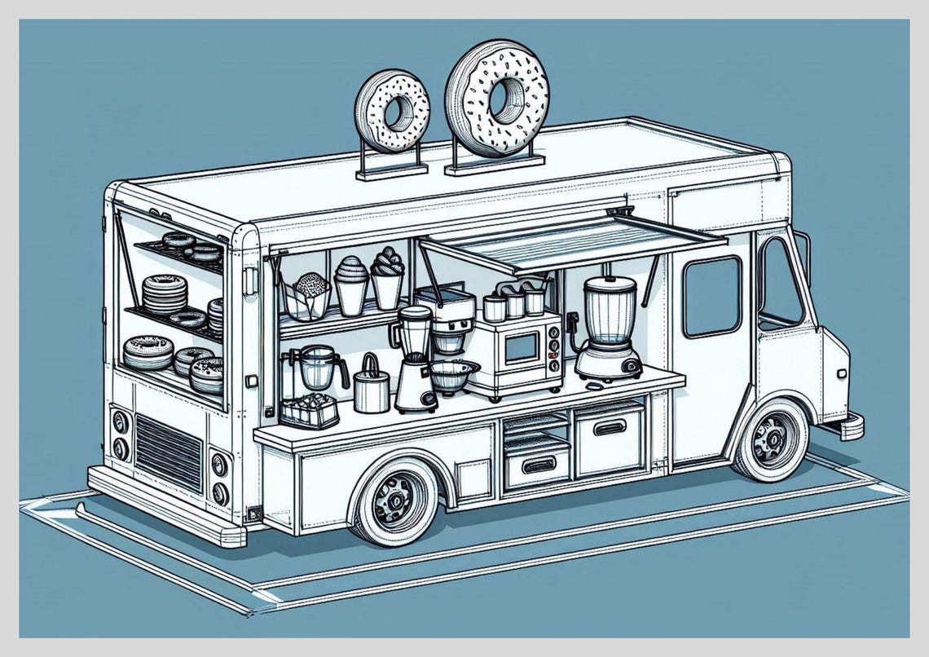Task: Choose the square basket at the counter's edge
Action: click(x=309, y=412)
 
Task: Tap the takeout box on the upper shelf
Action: click(x=310, y=296)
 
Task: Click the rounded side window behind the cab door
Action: click(x=711, y=296)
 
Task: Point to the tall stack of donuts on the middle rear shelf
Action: click(x=164, y=293)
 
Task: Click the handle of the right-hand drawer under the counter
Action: click(x=608, y=427)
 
